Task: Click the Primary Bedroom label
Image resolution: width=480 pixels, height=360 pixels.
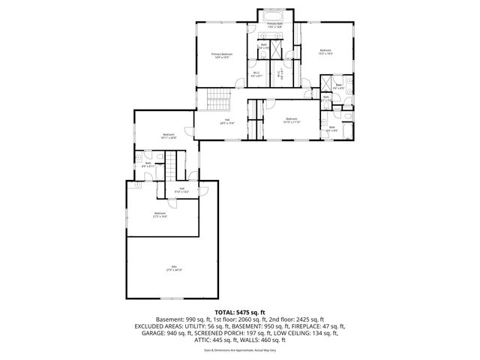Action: tap(221, 55)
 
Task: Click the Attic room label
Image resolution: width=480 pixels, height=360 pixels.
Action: tap(173, 268)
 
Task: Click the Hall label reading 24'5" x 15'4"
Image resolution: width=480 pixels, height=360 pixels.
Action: tap(226, 121)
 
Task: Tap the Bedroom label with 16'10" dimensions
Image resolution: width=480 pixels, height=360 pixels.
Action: tap(291, 120)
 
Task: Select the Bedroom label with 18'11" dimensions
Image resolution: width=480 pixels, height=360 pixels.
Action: tap(167, 136)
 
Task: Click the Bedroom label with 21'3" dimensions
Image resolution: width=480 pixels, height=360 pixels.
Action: tap(160, 214)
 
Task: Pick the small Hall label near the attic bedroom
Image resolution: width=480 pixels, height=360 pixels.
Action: tap(181, 190)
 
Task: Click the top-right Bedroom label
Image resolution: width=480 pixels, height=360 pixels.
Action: tap(325, 52)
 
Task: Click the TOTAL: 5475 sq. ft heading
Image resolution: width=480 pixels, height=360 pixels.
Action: tap(240, 311)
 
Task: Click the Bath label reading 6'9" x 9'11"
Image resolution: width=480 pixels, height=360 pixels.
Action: tap(148, 164)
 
